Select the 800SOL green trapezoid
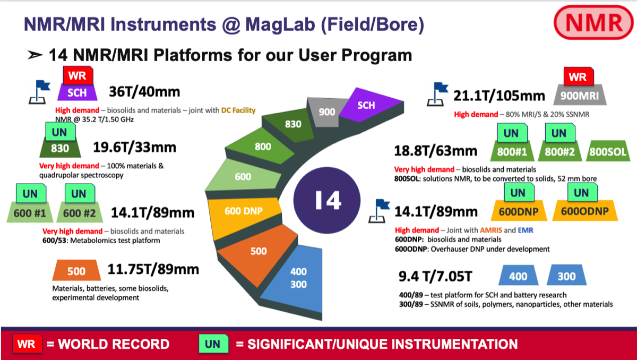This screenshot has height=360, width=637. [x=608, y=151]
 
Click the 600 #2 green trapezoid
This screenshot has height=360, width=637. [x=79, y=212]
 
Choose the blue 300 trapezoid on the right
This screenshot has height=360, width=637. [x=566, y=276]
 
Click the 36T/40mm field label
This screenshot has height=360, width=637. [x=144, y=91]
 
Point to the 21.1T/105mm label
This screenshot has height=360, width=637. [x=499, y=96]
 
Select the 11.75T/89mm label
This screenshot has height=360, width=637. [x=153, y=269]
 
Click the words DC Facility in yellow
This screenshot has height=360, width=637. [x=235, y=110]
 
